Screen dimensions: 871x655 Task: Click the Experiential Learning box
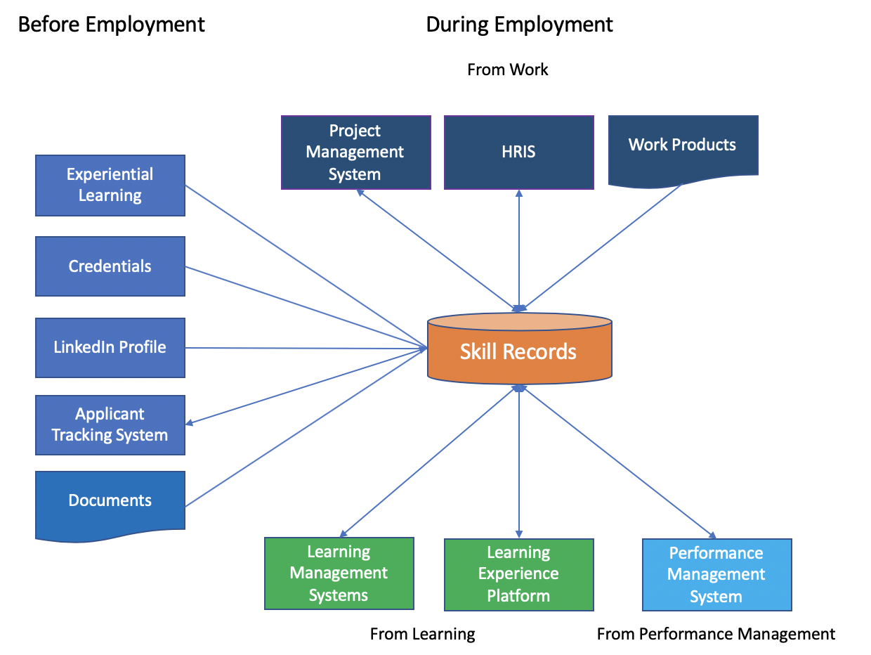(110, 186)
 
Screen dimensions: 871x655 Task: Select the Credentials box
(110, 266)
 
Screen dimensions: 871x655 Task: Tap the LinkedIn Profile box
(110, 348)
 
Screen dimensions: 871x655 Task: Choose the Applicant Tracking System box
(110, 424)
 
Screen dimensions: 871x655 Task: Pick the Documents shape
(110, 504)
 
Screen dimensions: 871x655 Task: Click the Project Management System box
(356, 153)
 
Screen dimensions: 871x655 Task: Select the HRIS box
(518, 153)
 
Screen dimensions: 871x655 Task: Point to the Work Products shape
(683, 149)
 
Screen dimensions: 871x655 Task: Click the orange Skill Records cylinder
(519, 349)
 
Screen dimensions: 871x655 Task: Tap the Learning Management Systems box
(339, 573)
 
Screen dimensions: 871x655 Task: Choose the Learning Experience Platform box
(518, 574)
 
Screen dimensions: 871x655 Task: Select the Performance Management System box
(716, 574)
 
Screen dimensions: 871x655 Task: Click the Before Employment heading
(112, 25)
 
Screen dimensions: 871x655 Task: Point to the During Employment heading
(519, 25)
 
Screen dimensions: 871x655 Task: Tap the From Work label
(508, 70)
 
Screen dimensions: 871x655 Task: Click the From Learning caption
(422, 634)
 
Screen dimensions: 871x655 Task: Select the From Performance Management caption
(716, 634)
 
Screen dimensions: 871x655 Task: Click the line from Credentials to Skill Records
(306, 307)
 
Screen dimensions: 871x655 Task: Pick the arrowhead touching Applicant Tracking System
(189, 423)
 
